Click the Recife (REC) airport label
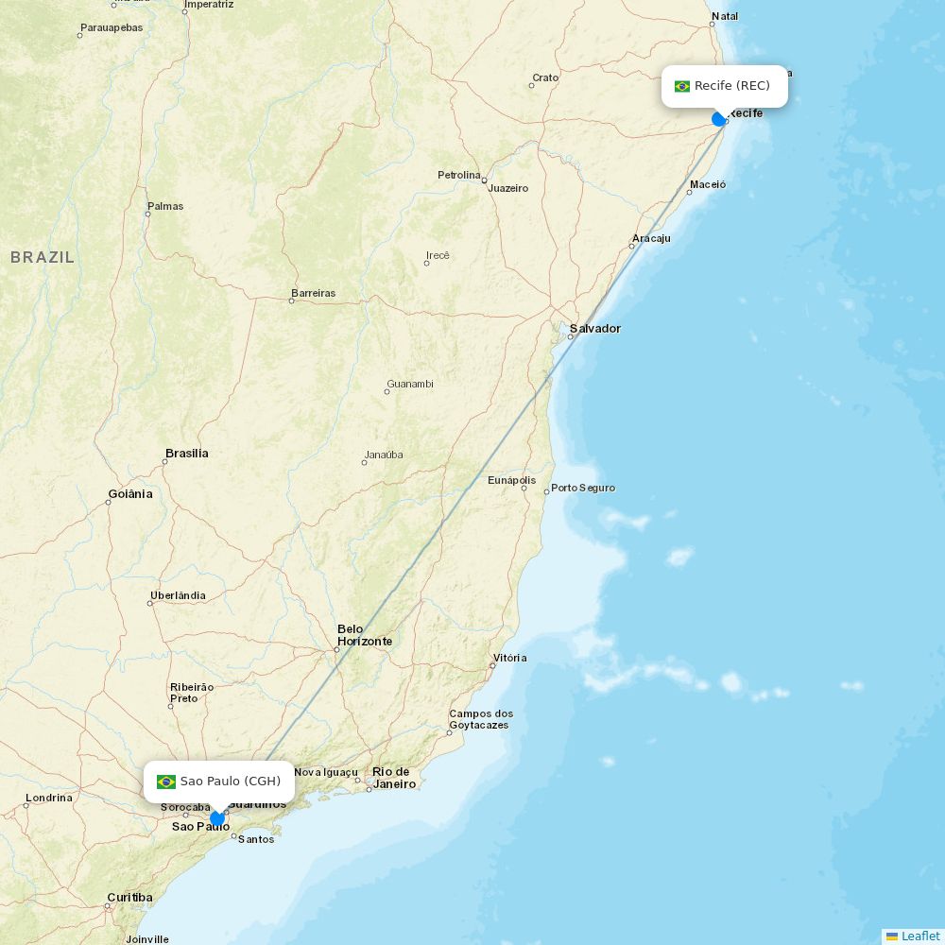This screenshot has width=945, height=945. (731, 86)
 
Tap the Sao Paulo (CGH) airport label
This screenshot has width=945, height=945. (230, 782)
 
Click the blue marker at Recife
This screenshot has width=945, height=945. (719, 119)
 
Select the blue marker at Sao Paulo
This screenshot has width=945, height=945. (217, 818)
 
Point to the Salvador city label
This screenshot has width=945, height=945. (594, 329)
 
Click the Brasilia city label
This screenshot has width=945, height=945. (187, 454)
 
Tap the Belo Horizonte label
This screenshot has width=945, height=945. (364, 635)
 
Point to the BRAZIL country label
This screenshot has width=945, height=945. (43, 257)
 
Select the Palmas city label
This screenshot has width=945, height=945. (165, 206)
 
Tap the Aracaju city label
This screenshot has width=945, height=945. (651, 238)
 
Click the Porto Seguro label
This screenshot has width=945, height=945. (583, 489)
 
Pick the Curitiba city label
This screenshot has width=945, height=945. (129, 898)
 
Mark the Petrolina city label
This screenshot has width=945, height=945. (459, 176)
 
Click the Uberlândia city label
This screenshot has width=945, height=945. (178, 596)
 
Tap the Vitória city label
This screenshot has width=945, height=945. (509, 658)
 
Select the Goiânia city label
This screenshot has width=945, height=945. (130, 494)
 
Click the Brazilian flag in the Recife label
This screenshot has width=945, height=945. (682, 86)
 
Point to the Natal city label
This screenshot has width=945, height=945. (725, 16)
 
